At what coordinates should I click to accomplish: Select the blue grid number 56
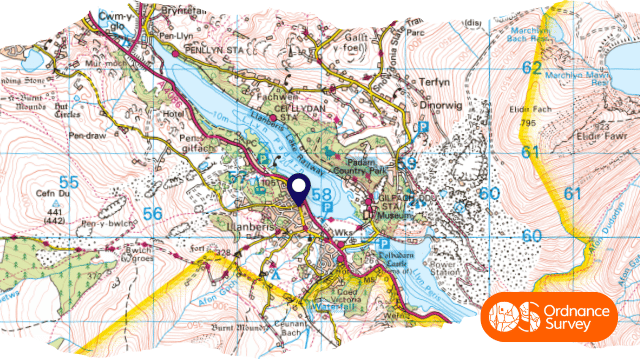pos(152,213)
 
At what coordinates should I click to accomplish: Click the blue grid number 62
pos(533,68)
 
